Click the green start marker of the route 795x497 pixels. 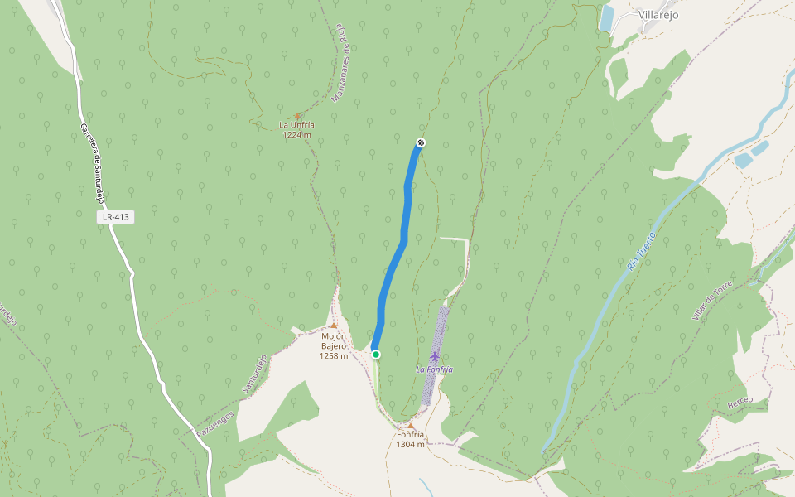pos(376,355)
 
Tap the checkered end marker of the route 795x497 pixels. pos(421,142)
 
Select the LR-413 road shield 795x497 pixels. pos(114,217)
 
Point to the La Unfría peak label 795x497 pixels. pos(296,126)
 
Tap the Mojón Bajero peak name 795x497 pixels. pos(334,336)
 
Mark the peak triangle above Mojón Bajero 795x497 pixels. pos(334,326)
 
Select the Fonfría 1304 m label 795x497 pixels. pos(410,439)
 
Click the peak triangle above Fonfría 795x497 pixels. pos(409,425)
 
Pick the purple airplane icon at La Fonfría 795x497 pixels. pos(435,356)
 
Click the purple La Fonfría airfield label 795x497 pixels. pos(435,369)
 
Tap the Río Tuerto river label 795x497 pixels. pos(634,252)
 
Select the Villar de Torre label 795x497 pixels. pos(713,300)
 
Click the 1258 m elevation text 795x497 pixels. pos(334,356)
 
